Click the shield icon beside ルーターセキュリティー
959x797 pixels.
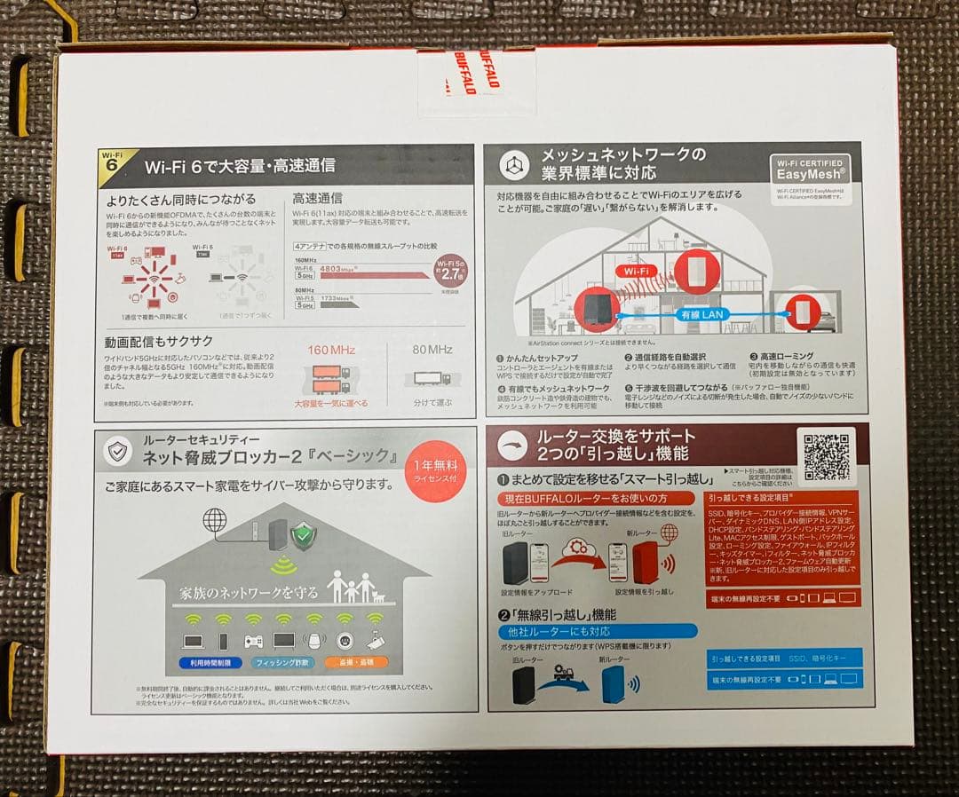pyautogui.click(x=118, y=451)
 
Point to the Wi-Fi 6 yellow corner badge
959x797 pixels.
pyautogui.click(x=112, y=162)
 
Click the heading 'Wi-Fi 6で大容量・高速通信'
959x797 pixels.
pyautogui.click(x=240, y=165)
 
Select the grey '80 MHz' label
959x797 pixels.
pyautogui.click(x=432, y=350)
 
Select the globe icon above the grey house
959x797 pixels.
pyautogui.click(x=214, y=520)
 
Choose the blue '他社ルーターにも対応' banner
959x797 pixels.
pyautogui.click(x=597, y=631)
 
